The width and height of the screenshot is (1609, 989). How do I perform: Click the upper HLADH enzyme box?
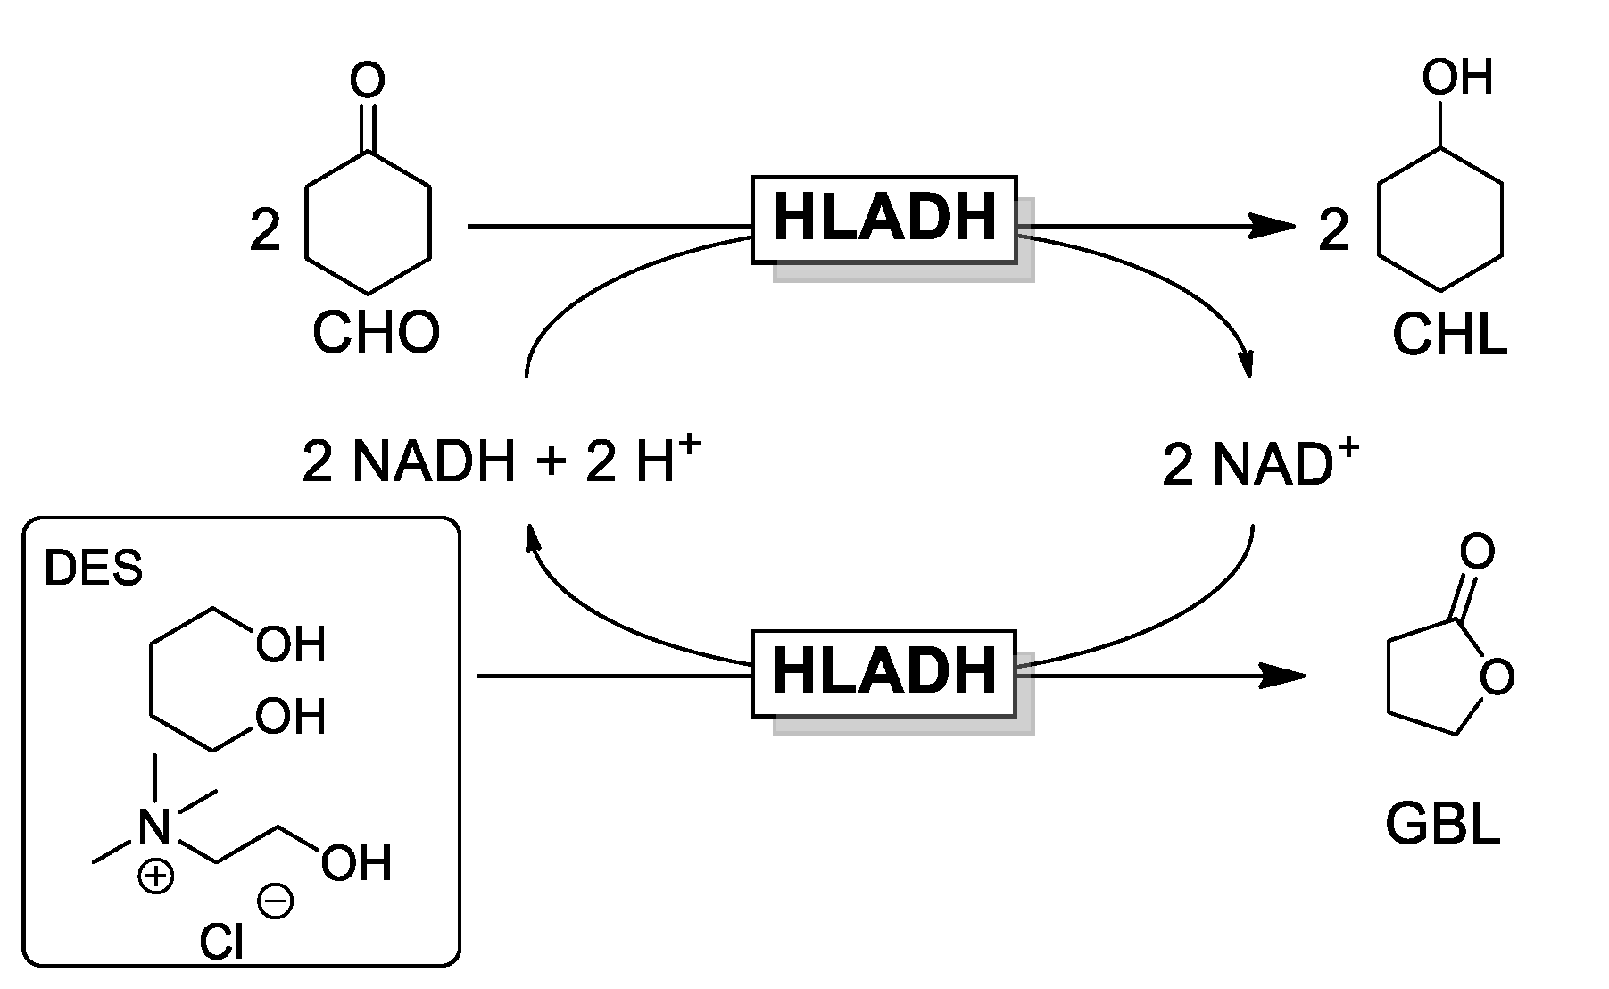pyautogui.click(x=884, y=220)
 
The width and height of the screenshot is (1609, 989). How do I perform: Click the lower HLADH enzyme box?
pyautogui.click(x=884, y=673)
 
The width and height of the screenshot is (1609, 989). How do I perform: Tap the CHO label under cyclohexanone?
pyautogui.click(x=376, y=333)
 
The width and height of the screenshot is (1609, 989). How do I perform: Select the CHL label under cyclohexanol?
pyautogui.click(x=1449, y=337)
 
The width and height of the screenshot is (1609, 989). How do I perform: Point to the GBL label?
pyautogui.click(x=1442, y=825)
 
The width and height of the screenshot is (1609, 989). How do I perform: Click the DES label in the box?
pyautogui.click(x=94, y=568)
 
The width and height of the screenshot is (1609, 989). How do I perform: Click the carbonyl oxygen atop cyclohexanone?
pyautogui.click(x=368, y=80)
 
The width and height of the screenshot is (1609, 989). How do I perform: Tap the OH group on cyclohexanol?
pyautogui.click(x=1456, y=78)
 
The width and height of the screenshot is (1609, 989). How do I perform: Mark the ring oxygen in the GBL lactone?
pyautogui.click(x=1497, y=677)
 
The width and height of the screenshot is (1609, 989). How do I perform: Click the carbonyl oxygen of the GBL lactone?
pyautogui.click(x=1478, y=552)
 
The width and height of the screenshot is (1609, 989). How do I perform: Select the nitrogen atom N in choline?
pyautogui.click(x=154, y=827)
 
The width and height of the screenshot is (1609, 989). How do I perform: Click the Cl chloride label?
pyautogui.click(x=220, y=942)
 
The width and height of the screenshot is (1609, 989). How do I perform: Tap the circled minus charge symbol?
pyautogui.click(x=275, y=902)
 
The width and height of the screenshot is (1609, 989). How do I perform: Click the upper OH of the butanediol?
pyautogui.click(x=290, y=644)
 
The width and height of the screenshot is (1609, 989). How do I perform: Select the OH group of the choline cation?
pyautogui.click(x=356, y=863)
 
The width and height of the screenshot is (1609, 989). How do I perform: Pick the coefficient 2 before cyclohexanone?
pyautogui.click(x=265, y=231)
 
